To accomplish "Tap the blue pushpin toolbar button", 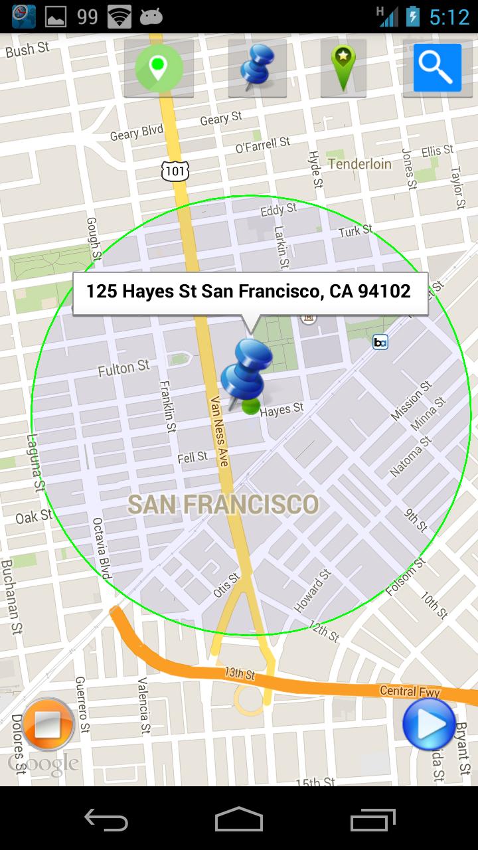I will click(257, 68).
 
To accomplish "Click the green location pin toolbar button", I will click(158, 68).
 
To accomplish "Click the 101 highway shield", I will click(175, 171).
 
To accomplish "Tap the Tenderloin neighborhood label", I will click(360, 163).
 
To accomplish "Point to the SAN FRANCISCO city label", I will click(223, 505).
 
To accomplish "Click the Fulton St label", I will click(124, 368).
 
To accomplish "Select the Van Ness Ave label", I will click(219, 431).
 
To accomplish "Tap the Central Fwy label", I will click(410, 691).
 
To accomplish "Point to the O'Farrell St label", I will click(263, 144).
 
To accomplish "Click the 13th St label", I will click(239, 673).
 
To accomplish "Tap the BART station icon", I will click(380, 342).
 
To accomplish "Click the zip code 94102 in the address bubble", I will click(384, 291).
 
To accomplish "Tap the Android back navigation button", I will click(106, 819).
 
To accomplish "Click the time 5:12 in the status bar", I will click(449, 17).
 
